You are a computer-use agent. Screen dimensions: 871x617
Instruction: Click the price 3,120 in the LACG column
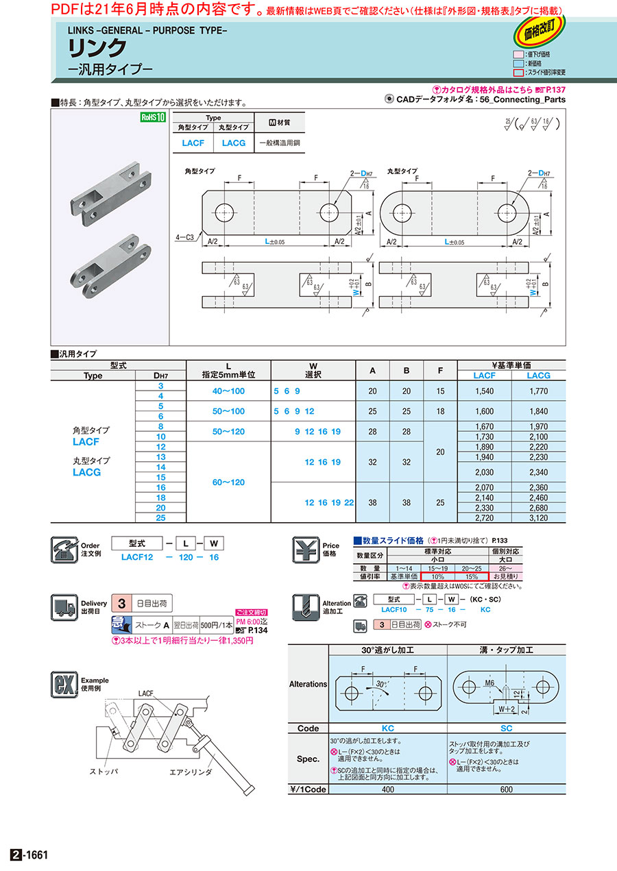pyautogui.click(x=539, y=518)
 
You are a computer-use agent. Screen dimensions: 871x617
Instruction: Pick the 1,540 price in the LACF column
pyautogui.click(x=484, y=391)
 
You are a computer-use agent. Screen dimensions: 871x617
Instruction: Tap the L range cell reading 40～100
pyautogui.click(x=228, y=391)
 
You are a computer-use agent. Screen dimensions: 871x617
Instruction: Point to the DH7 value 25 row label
pyautogui.click(x=160, y=518)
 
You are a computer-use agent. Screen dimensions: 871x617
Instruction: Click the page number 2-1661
pyautogui.click(x=29, y=855)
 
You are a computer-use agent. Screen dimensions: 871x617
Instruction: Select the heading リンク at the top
pyautogui.click(x=97, y=48)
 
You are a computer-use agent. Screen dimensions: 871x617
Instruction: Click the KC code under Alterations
pyautogui.click(x=387, y=728)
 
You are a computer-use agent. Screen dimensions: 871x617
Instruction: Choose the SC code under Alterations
pyautogui.click(x=506, y=728)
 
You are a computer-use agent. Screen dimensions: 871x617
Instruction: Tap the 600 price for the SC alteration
pyautogui.click(x=506, y=789)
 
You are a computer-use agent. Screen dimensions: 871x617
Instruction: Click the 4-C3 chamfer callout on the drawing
pyautogui.click(x=184, y=237)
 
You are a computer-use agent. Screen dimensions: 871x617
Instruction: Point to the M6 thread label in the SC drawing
pyautogui.click(x=489, y=683)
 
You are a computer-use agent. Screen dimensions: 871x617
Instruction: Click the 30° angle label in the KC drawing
pyautogui.click(x=380, y=684)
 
